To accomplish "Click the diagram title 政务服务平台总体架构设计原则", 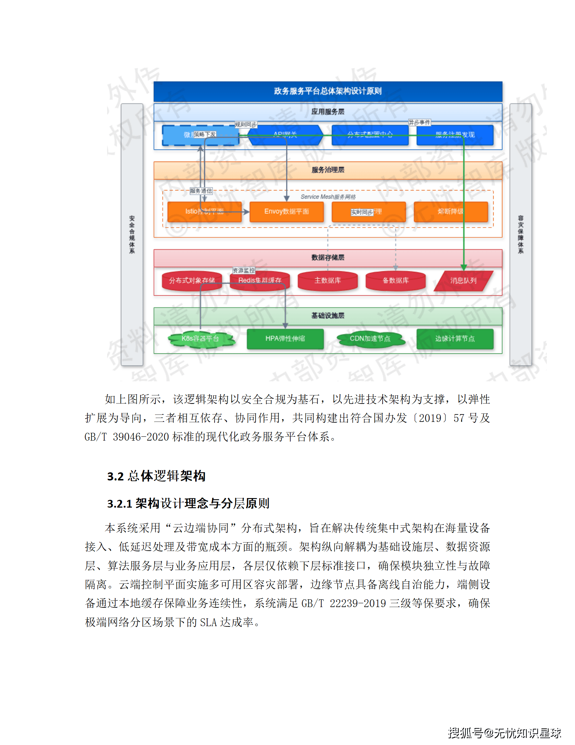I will (x=328, y=91).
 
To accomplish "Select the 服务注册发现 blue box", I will (x=455, y=135).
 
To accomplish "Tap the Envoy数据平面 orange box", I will (x=286, y=211).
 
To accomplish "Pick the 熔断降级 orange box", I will (x=450, y=211).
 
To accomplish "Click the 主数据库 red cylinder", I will (x=327, y=280).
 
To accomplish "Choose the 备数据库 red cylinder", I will (x=395, y=280).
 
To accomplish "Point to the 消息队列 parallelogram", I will (x=463, y=281).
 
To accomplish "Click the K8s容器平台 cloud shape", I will (x=200, y=339).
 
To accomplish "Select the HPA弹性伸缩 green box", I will (x=285, y=339).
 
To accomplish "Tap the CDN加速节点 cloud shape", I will (x=370, y=339).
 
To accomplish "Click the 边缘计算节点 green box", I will (x=455, y=339).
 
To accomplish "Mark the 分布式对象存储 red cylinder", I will (x=192, y=280).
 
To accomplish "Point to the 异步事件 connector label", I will (x=419, y=122).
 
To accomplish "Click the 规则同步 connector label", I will (x=246, y=125).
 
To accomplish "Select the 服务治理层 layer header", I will (x=328, y=170).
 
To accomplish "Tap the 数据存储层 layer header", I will (x=328, y=258).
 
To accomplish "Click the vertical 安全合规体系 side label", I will (x=132, y=234).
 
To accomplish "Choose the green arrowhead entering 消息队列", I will (x=464, y=268).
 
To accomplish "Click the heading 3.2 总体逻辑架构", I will (x=156, y=476).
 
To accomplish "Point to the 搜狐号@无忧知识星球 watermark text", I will (x=504, y=733).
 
